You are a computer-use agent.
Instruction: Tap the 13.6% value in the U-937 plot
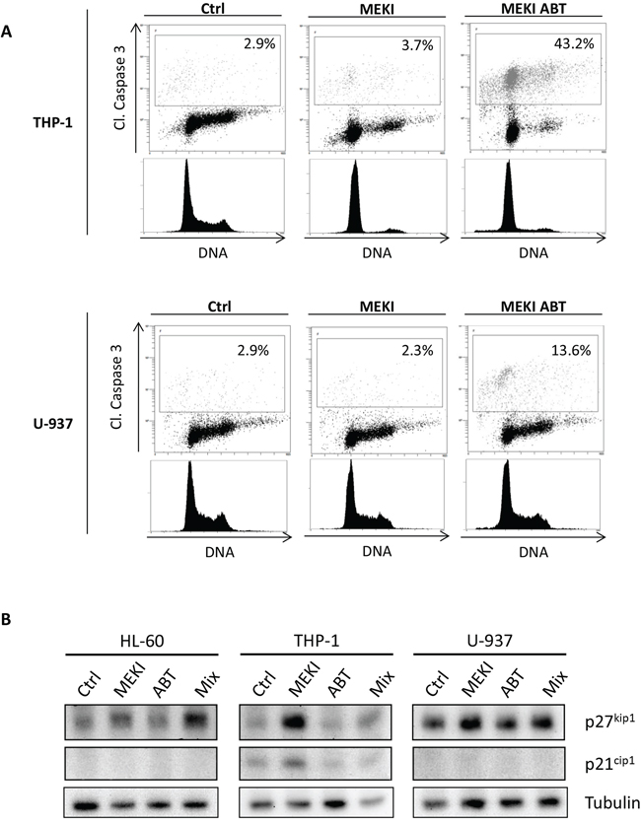[x=571, y=350]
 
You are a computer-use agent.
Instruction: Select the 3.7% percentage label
[x=417, y=45]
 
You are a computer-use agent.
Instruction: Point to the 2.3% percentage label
[x=417, y=350]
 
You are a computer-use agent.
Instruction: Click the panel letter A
[x=6, y=32]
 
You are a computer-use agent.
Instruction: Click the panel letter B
[x=6, y=619]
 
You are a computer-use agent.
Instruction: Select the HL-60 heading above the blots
[x=141, y=641]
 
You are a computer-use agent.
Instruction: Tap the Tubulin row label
[x=612, y=802]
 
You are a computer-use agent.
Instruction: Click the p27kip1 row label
[x=609, y=721]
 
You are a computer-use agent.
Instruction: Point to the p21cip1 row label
[x=609, y=763]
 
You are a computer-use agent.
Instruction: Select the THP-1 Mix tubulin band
[x=375, y=802]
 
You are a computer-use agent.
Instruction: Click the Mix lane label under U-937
[x=554, y=683]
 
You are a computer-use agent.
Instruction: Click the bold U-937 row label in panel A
[x=50, y=423]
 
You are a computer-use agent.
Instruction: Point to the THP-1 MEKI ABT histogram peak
[x=508, y=164]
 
